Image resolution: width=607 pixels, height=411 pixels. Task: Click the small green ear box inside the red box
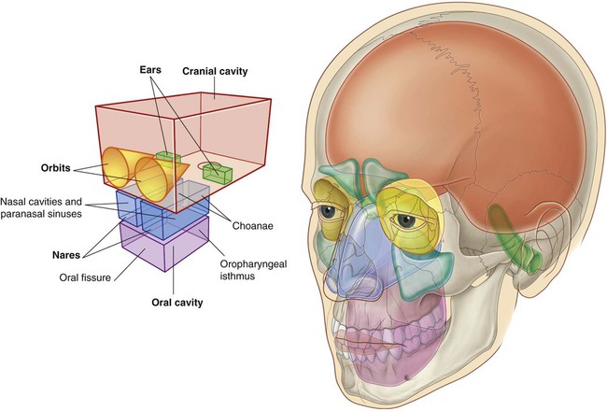click(167, 155)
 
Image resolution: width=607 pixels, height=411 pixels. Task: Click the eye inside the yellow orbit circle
click(408, 222)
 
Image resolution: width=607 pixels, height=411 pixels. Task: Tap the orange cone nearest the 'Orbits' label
click(117, 168)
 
